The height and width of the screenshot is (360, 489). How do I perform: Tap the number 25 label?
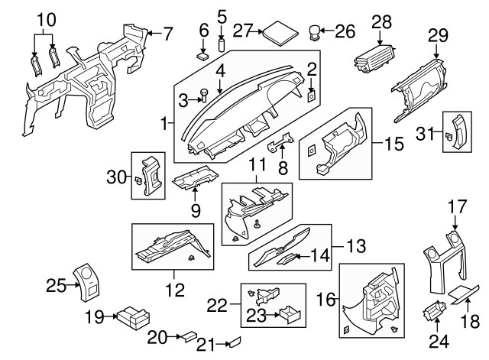[x=55, y=286]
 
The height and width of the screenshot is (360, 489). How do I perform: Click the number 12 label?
[x=177, y=290]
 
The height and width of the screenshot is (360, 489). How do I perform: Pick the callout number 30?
[x=115, y=178]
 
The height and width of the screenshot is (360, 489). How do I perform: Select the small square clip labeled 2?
[x=312, y=96]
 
